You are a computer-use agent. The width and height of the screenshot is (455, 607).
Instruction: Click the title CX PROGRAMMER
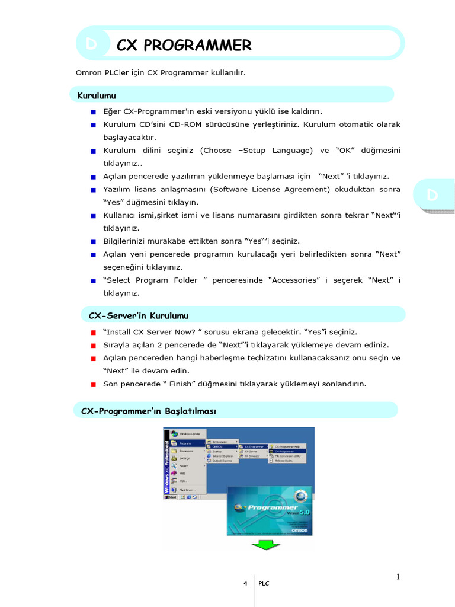click(184, 45)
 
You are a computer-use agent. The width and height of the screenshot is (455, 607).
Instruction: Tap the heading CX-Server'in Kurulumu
click(138, 315)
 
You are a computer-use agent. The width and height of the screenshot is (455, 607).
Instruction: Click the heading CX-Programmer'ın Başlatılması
click(149, 410)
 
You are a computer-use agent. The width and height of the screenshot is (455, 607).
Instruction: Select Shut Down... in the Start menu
click(188, 490)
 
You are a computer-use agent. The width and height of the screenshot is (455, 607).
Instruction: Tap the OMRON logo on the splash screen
click(299, 531)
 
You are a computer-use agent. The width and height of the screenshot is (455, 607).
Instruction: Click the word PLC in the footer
click(264, 584)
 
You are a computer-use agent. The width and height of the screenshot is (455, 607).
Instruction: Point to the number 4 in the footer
click(245, 584)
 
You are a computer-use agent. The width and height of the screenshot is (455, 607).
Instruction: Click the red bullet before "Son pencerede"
click(93, 384)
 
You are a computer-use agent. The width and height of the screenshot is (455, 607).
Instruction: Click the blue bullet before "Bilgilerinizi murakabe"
click(93, 242)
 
